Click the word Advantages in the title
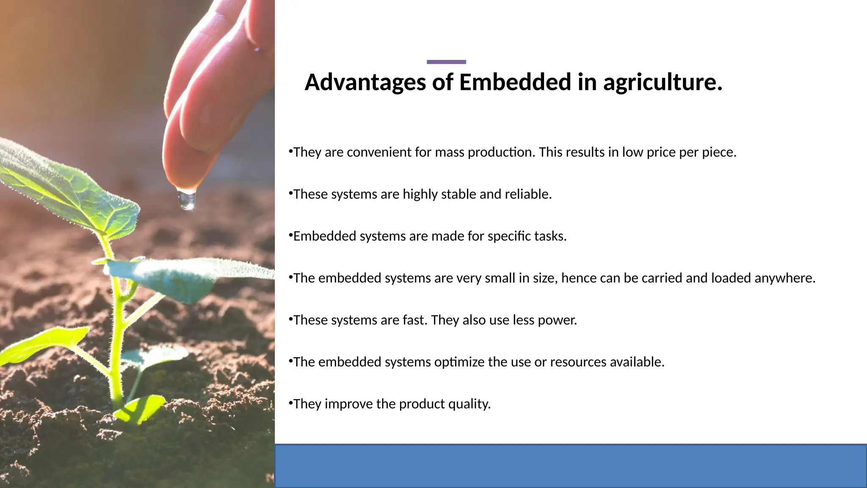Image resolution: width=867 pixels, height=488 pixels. click(365, 82)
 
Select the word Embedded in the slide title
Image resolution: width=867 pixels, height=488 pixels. click(515, 82)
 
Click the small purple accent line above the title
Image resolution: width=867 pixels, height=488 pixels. click(446, 62)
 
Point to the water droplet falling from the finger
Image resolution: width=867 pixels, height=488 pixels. click(187, 200)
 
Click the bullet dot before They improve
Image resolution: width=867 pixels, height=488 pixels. click(290, 403)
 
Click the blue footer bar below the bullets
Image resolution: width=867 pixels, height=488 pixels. click(571, 466)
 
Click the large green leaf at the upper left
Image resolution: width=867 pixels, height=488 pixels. click(64, 186)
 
